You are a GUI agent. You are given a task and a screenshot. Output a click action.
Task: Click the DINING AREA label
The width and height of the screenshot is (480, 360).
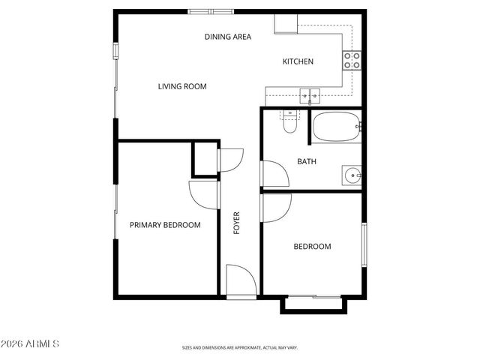click(x=228, y=36)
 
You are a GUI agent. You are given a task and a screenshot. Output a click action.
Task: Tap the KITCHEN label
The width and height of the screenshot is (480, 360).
click(x=298, y=61)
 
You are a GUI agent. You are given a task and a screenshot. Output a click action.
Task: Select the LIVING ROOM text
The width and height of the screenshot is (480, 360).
click(x=182, y=86)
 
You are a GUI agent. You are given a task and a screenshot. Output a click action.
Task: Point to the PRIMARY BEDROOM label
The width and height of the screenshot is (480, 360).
click(x=165, y=225)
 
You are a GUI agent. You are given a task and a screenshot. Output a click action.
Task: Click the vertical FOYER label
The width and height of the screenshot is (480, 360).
click(x=237, y=223)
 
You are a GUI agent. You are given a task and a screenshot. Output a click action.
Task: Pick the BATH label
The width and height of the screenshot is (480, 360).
click(x=306, y=161)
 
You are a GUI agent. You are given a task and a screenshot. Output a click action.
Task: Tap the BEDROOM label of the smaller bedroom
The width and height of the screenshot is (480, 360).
click(x=312, y=246)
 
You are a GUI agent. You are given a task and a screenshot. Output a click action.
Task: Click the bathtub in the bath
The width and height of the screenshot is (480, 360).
click(x=335, y=127)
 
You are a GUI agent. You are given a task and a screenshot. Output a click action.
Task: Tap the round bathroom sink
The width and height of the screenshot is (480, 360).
click(x=352, y=175)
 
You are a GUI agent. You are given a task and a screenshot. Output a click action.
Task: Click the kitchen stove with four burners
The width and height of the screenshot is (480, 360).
click(x=352, y=60)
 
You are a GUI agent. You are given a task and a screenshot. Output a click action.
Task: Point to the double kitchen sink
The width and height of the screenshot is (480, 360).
click(x=310, y=95)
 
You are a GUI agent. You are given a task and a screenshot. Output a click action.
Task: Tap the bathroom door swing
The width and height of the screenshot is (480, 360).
click(x=274, y=172)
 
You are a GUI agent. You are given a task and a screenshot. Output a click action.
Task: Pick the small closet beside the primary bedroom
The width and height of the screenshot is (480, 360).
click(x=205, y=157)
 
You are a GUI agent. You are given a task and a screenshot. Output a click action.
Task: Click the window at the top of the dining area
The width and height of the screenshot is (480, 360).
click(x=211, y=11)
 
